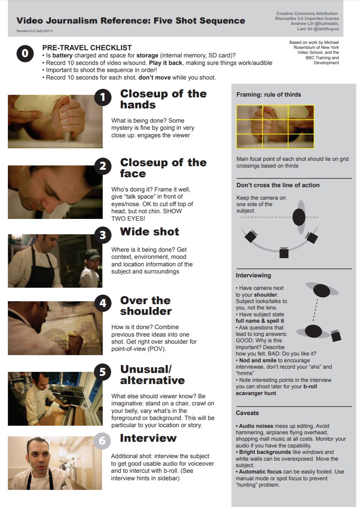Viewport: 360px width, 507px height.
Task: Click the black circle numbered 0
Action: [x=25, y=53]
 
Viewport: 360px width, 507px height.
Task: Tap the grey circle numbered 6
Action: [x=102, y=441]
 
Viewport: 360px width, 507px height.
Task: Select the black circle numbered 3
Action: [x=103, y=235]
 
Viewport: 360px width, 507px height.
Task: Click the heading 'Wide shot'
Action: [x=149, y=231]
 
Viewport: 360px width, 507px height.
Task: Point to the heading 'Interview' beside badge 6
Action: [x=148, y=438]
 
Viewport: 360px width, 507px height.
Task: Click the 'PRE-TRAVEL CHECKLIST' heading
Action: [x=87, y=48]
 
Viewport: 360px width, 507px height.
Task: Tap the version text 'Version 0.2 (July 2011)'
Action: [x=35, y=31]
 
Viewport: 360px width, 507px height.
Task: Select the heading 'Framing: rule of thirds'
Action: [x=269, y=94]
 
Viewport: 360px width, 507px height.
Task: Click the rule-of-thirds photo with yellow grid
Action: [x=275, y=127]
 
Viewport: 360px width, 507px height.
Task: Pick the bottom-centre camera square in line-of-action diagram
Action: [x=284, y=253]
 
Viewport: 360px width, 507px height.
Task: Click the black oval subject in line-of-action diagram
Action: [x=299, y=217]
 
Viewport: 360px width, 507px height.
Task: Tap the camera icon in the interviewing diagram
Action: [x=336, y=336]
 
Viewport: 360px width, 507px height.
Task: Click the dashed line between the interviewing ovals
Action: [x=315, y=310]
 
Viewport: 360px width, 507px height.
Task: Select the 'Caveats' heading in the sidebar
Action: [x=247, y=413]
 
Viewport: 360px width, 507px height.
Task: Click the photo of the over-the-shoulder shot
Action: [x=55, y=328]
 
